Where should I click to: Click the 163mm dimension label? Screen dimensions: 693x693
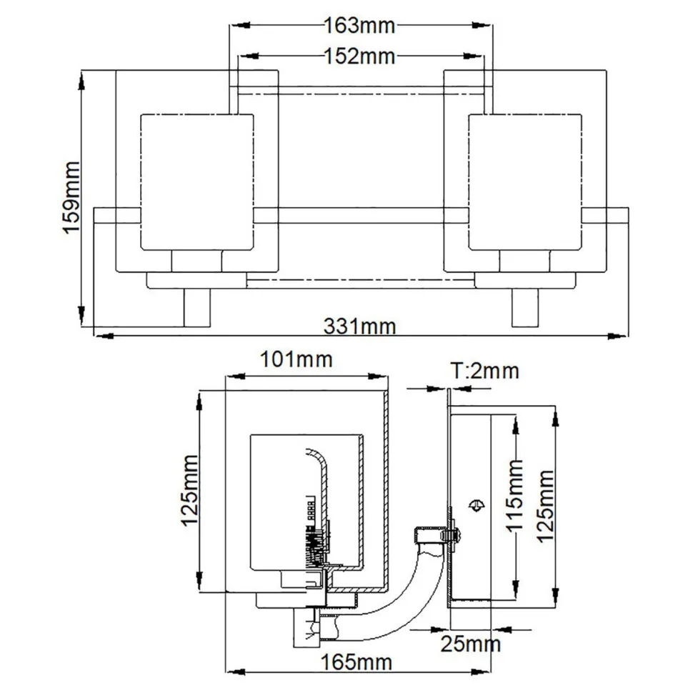coord(359,26)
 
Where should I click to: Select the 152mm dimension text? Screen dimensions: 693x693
coord(359,56)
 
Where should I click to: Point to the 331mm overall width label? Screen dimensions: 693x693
coord(359,326)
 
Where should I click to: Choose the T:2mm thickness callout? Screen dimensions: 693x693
coord(484,370)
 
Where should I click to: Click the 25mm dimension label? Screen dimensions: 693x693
coord(470,644)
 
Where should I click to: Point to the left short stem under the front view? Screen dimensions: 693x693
coord(196,306)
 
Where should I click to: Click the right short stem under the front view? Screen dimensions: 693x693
coord(525,306)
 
